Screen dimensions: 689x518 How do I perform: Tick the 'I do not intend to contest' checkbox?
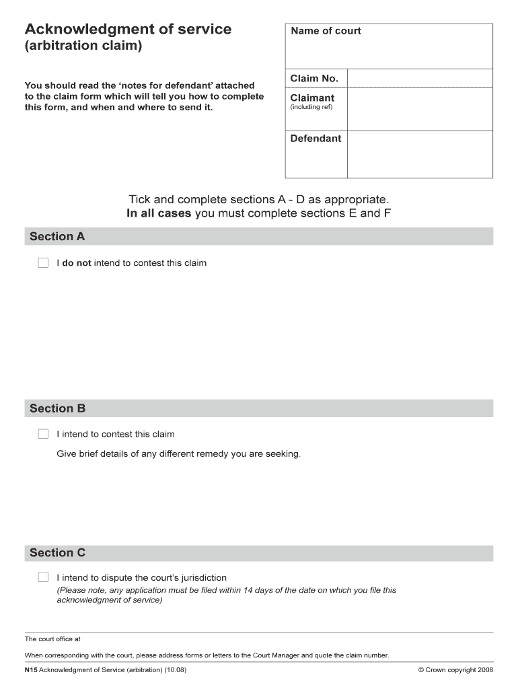pos(44,263)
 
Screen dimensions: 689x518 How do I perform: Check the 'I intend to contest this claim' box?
pos(44,434)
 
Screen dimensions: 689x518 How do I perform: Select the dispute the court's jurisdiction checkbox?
pos(44,577)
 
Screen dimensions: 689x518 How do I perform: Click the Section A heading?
pos(57,236)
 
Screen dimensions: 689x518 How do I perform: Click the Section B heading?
pos(57,408)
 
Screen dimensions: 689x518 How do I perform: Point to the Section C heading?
pos(57,553)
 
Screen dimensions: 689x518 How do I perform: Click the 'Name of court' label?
pos(326,31)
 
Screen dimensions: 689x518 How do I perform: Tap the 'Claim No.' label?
pos(314,79)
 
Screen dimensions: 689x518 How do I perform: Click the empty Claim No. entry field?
pos(420,79)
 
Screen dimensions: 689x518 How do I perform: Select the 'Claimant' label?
pos(312,98)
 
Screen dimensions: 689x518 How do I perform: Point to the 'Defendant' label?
pos(316,139)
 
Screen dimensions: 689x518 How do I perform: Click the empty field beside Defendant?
pos(420,154)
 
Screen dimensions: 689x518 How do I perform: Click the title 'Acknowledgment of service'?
pos(128,30)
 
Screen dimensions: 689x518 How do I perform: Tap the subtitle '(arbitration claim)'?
pos(83,48)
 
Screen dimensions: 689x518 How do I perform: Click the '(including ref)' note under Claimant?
pos(311,108)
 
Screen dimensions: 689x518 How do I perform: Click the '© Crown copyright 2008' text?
pos(455,670)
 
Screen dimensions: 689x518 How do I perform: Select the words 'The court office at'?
pos(52,639)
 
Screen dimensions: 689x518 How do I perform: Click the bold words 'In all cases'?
pos(159,214)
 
